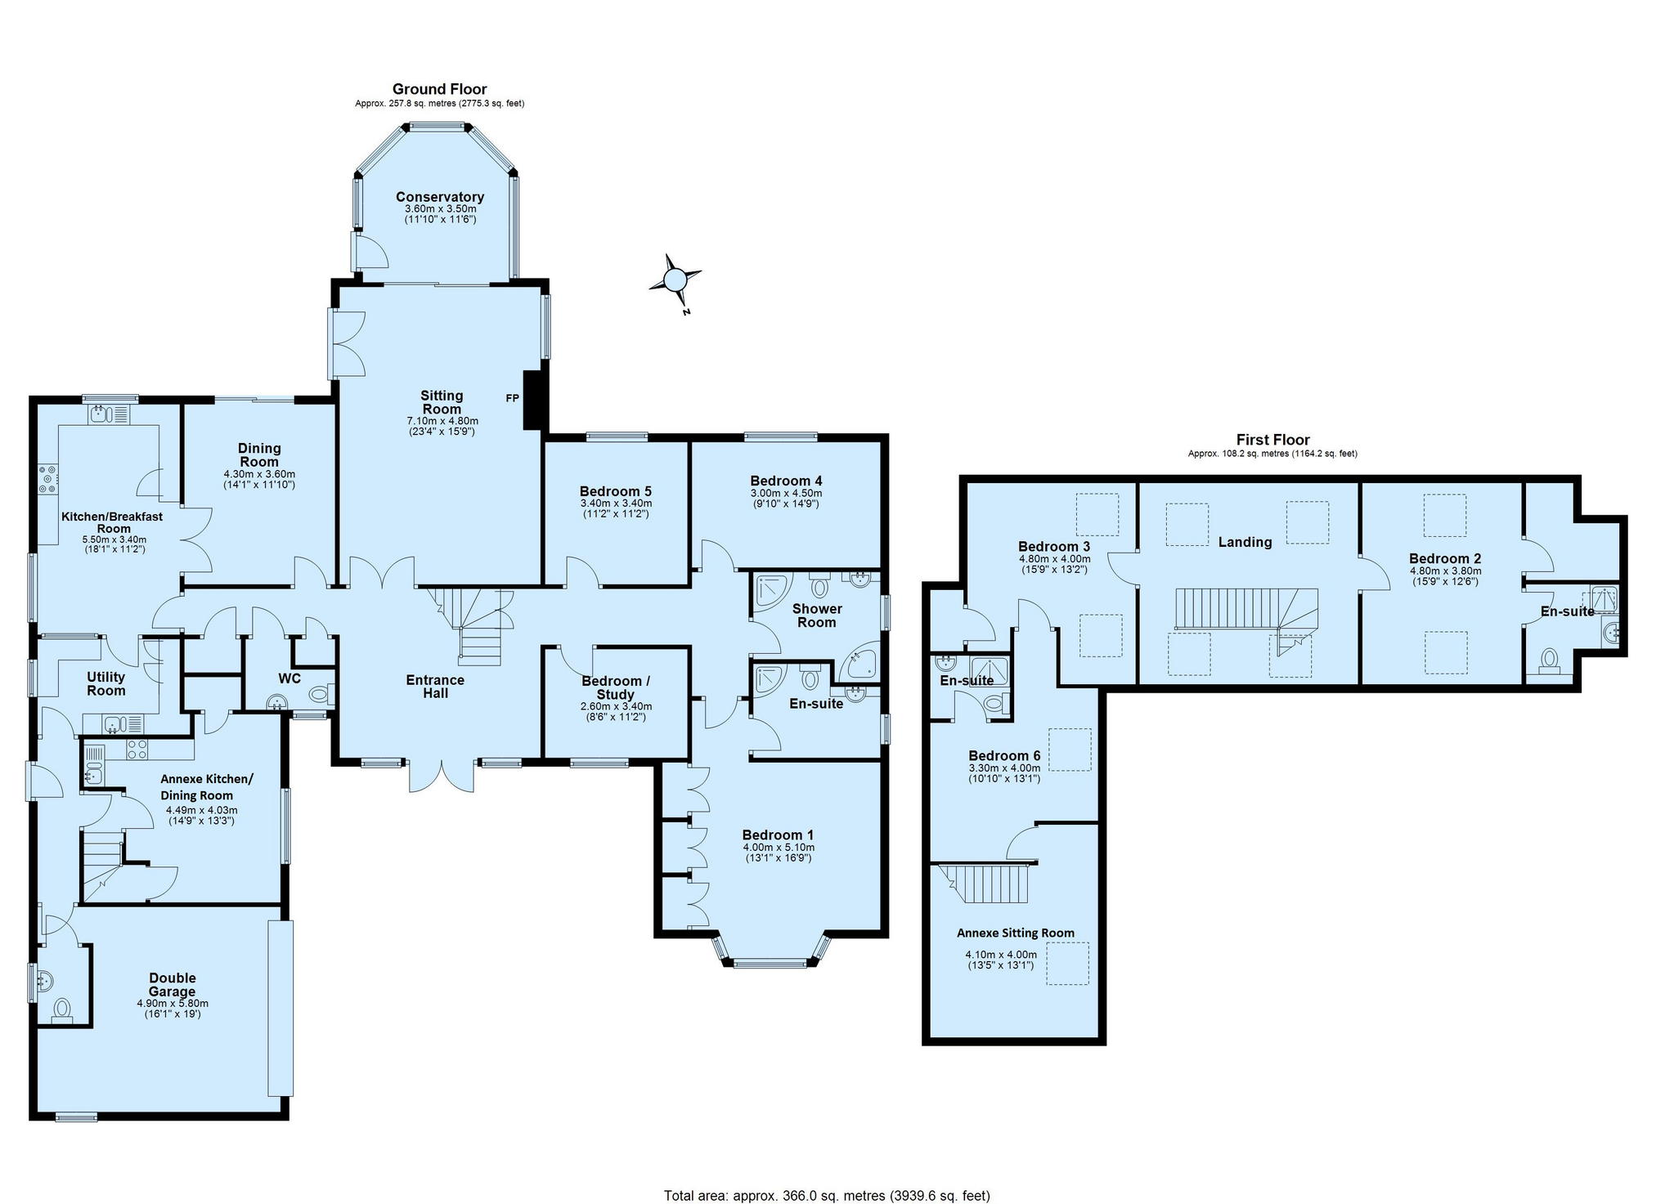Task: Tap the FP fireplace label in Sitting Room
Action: [x=512, y=398]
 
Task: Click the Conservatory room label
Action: [x=440, y=197]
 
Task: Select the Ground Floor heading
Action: [x=440, y=89]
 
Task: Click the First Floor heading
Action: [x=1272, y=440]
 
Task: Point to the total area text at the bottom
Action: [x=827, y=1196]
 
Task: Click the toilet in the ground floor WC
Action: [x=320, y=694]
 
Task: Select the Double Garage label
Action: [x=173, y=984]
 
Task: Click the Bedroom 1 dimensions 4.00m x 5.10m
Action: [x=779, y=848]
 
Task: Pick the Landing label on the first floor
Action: [x=1245, y=542]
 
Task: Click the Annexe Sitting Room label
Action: [x=1016, y=933]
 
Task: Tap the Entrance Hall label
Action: [x=435, y=686]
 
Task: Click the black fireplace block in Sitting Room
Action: [x=534, y=400]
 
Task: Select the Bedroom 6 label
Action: [x=1004, y=755]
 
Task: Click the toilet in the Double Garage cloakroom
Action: [x=62, y=1012]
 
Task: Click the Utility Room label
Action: [x=106, y=683]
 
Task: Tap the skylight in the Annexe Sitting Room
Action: [x=1068, y=965]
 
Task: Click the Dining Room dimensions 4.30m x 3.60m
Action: [x=259, y=474]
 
